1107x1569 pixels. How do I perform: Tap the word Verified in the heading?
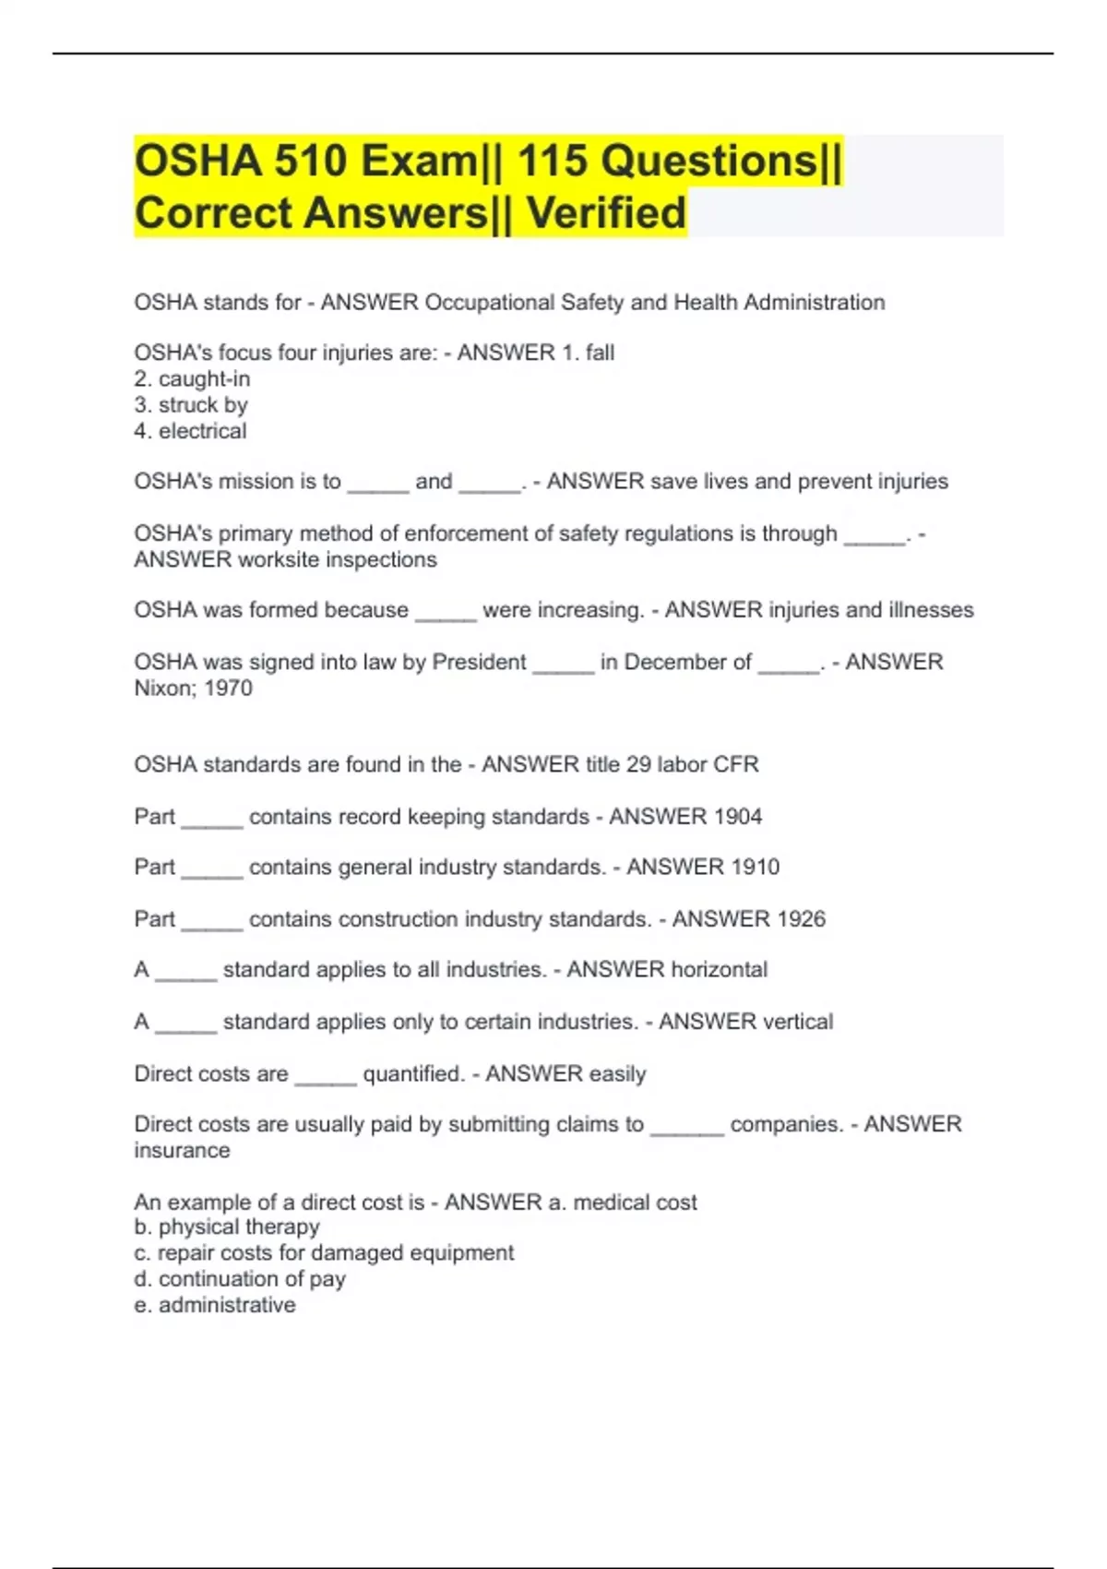(x=606, y=213)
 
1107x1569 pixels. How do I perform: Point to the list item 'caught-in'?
(x=204, y=379)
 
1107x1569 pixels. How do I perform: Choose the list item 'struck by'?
(x=203, y=405)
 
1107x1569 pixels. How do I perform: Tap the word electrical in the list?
(x=202, y=431)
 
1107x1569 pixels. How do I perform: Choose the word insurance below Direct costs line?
(x=182, y=1151)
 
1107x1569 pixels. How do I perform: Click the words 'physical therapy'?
(x=239, y=1228)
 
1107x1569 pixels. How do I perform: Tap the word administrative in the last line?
(x=227, y=1305)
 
